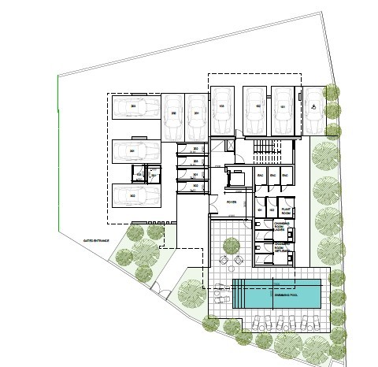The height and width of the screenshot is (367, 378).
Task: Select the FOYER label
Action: click(232, 202)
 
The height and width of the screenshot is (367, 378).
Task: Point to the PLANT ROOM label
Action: click(287, 211)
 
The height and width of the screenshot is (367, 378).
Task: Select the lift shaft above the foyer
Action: click(235, 178)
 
